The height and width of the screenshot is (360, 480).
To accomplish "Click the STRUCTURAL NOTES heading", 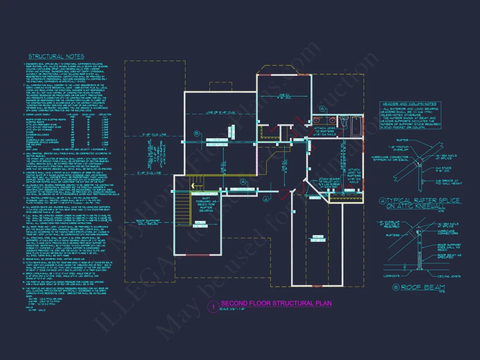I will tap(56, 56).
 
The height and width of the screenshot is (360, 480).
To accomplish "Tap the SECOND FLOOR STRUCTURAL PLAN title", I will tap(276, 303).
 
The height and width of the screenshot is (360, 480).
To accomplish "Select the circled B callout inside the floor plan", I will tap(197, 133).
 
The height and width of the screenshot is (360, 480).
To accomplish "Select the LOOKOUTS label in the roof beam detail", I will tap(392, 276).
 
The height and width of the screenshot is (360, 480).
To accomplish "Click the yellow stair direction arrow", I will tap(204, 185).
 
